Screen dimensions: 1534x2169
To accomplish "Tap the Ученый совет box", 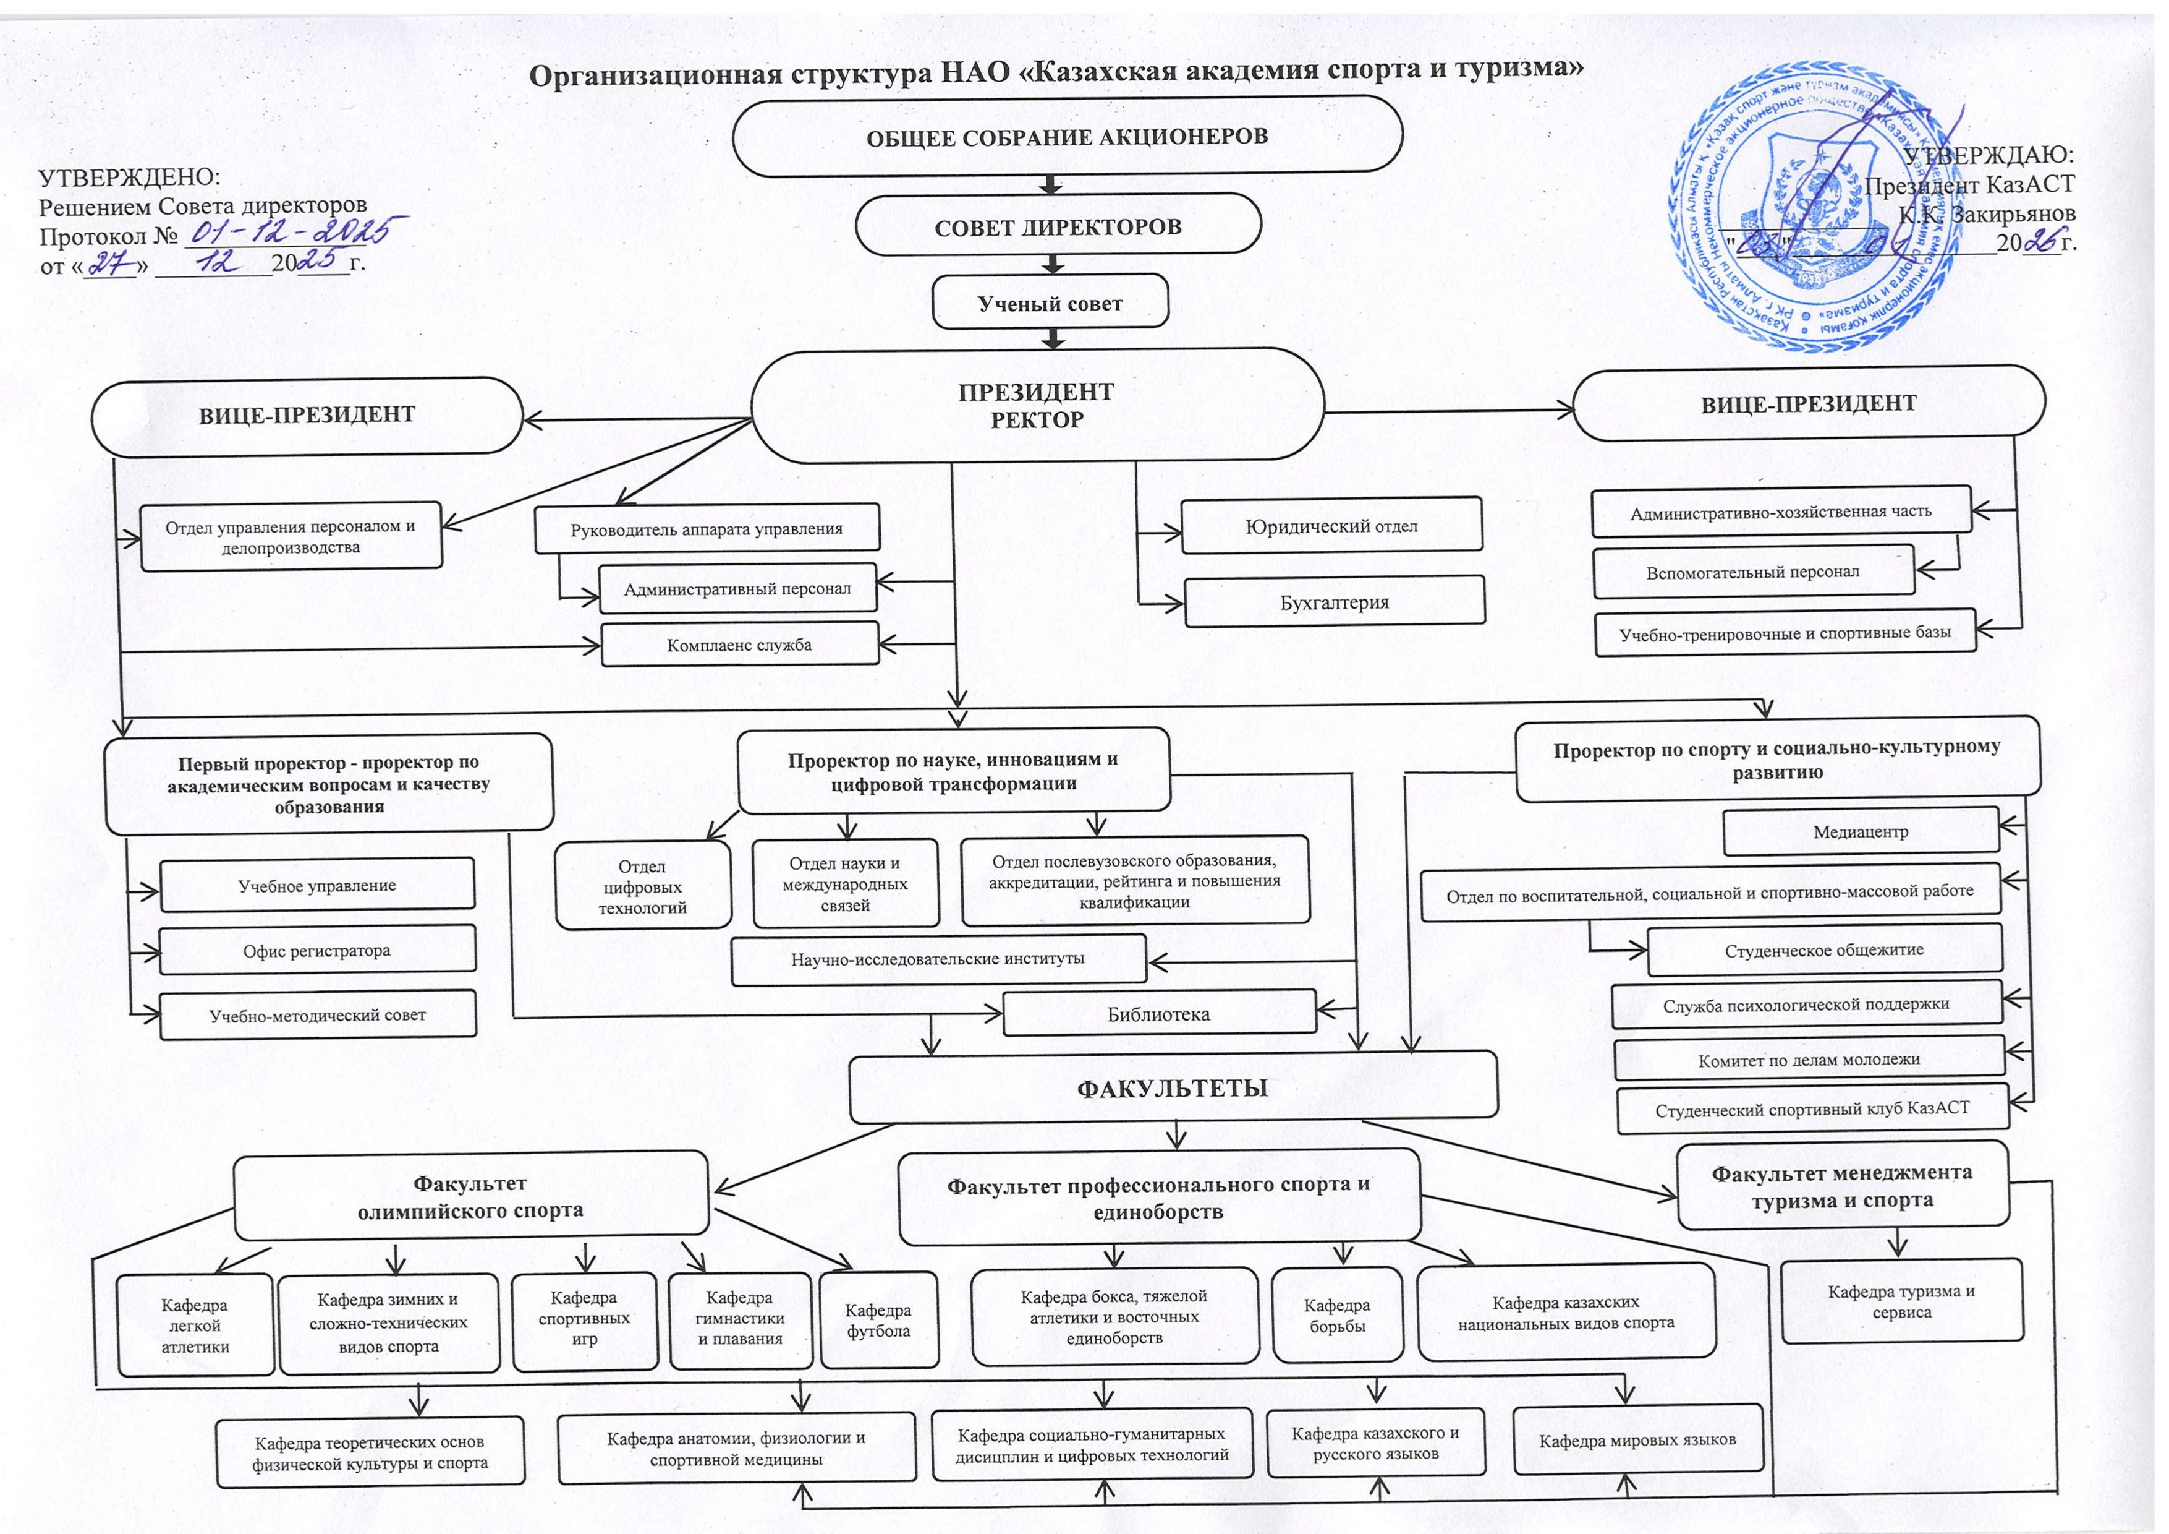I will (x=1050, y=303).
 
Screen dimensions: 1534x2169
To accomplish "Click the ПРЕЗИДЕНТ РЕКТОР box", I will (x=1037, y=406).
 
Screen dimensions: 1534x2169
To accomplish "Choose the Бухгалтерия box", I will (x=1334, y=602).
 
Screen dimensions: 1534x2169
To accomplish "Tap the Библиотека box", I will (x=1158, y=1013).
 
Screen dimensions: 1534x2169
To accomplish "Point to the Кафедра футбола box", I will (x=878, y=1321).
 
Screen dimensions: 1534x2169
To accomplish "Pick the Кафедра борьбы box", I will (x=1337, y=1314).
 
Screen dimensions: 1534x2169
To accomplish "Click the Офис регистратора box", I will (x=316, y=950).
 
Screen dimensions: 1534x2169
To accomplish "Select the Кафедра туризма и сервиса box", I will (x=1901, y=1301).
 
